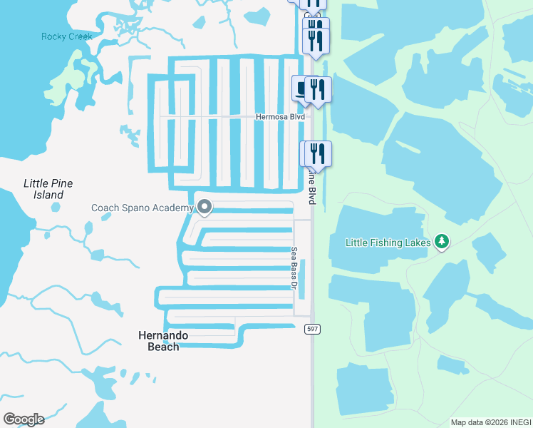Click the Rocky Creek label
pos(67,36)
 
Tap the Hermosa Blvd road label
pos(281,116)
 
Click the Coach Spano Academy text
pos(143,208)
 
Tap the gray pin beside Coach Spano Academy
pos(205,207)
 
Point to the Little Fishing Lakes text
pos(388,243)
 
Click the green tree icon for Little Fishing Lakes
pos(442,242)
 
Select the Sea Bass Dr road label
pos(293,268)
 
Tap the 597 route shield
pos(311,328)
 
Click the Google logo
pos(24,419)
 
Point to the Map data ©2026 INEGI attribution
pos(490,422)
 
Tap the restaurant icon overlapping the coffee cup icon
pos(318,88)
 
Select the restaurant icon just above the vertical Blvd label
pos(319,153)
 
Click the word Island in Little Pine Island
pos(48,195)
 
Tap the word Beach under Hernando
pos(163,347)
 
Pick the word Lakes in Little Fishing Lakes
pos(418,243)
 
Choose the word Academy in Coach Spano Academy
pos(172,208)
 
